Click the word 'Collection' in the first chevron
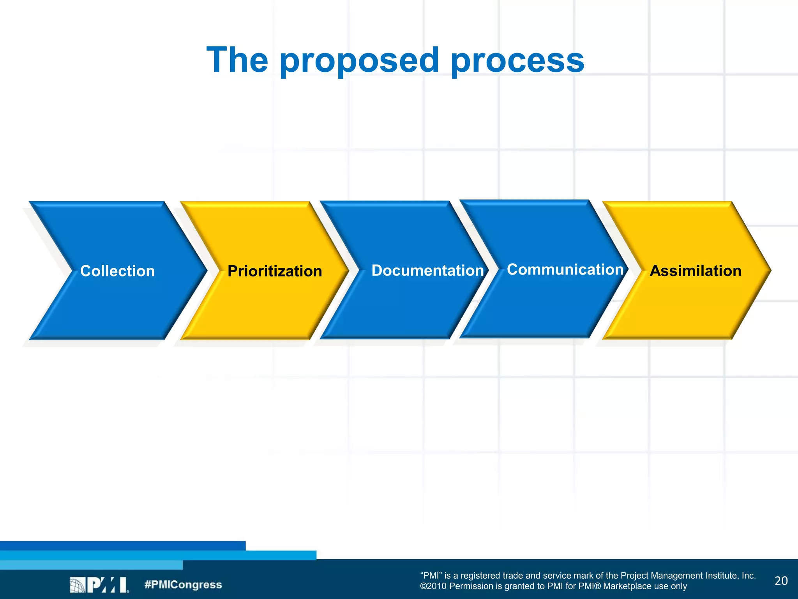pos(117,271)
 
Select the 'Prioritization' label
pos(275,271)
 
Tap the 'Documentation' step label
pos(427,270)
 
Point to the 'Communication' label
pos(565,269)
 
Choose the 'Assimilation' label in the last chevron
pos(696,271)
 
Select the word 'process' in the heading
pos(517,60)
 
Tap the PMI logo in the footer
pos(99,585)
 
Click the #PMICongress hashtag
pos(183,585)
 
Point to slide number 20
pos(781,581)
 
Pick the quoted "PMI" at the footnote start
pos(431,576)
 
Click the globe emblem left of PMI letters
pos(77,585)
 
